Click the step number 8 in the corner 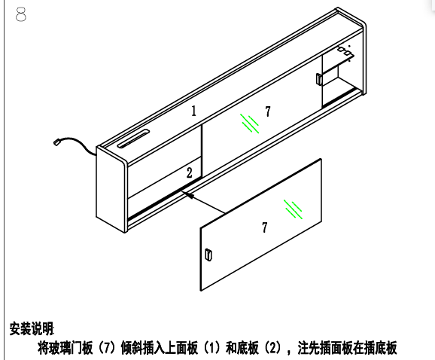click(x=21, y=14)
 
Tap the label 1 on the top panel click(x=193, y=111)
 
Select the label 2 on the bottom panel click(x=189, y=172)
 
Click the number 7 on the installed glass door click(x=267, y=111)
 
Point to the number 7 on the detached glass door click(x=265, y=227)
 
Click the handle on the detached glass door click(x=208, y=255)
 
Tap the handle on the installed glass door click(x=319, y=79)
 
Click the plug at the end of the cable click(x=57, y=142)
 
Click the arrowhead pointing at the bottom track click(x=187, y=194)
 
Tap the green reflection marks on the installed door click(x=250, y=124)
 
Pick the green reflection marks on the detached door click(x=293, y=209)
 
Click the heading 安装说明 click(x=32, y=328)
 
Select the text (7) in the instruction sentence click(x=107, y=348)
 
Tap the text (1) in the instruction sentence click(x=211, y=348)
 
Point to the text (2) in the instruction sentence click(x=272, y=348)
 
